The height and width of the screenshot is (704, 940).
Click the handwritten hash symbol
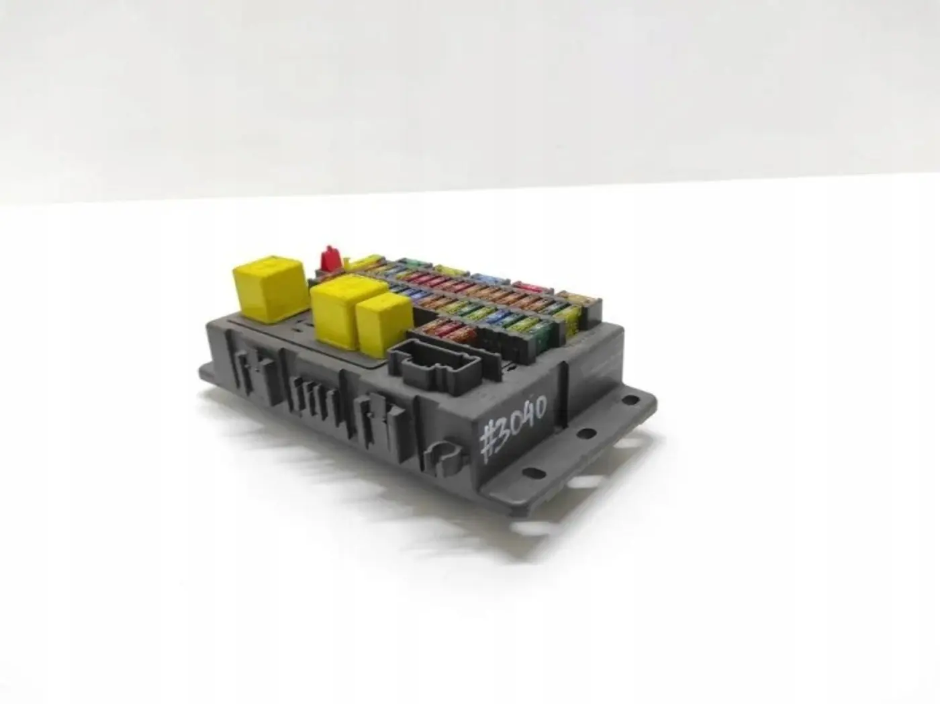pos(489,444)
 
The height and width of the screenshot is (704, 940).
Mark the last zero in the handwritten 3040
pos(540,406)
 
